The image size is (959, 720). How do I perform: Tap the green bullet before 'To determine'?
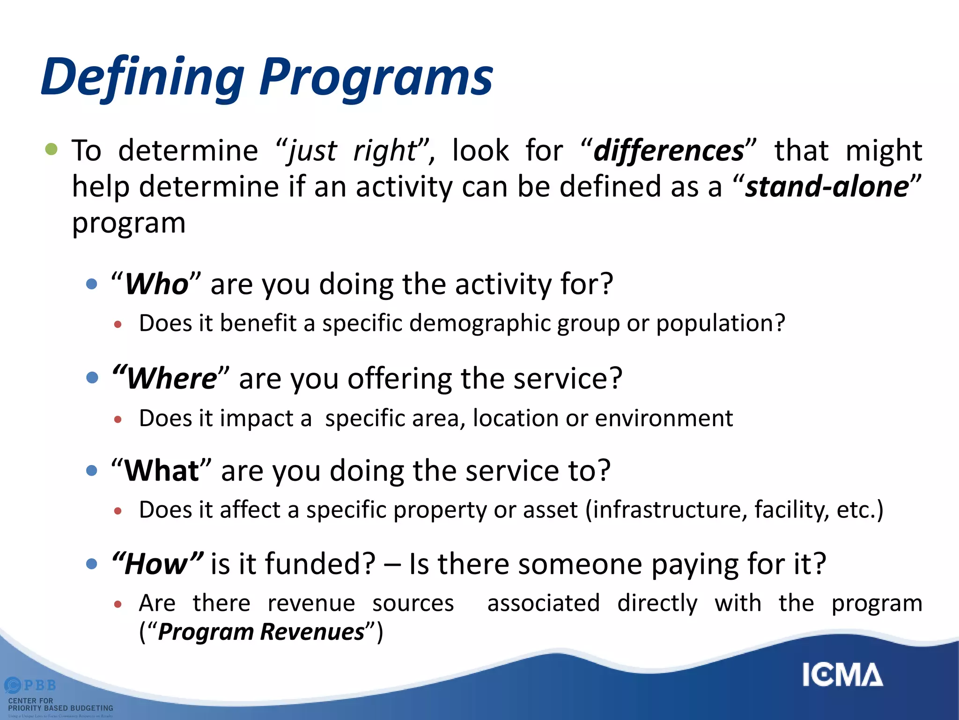(x=51, y=150)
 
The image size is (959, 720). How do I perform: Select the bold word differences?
(x=668, y=151)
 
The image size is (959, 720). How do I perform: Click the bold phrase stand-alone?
(x=826, y=187)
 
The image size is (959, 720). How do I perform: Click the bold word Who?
(x=156, y=284)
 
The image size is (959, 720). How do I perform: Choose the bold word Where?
(x=171, y=378)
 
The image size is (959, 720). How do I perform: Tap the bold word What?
(x=162, y=471)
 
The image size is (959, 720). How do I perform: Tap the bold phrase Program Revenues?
(x=261, y=632)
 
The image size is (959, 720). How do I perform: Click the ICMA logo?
(x=842, y=675)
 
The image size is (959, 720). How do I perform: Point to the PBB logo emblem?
(x=13, y=685)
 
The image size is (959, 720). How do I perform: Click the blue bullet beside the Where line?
(x=92, y=378)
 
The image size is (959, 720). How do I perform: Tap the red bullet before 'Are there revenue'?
(x=118, y=605)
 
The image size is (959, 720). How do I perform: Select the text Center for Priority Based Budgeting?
(x=60, y=704)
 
